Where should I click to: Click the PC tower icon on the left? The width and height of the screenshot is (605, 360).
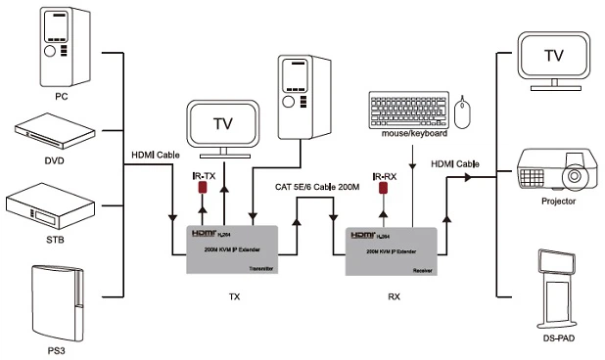click(54, 46)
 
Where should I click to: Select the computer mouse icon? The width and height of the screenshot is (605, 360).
click(464, 112)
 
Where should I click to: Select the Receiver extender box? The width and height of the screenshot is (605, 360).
click(393, 250)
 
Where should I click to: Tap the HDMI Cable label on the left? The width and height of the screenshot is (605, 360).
click(156, 155)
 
